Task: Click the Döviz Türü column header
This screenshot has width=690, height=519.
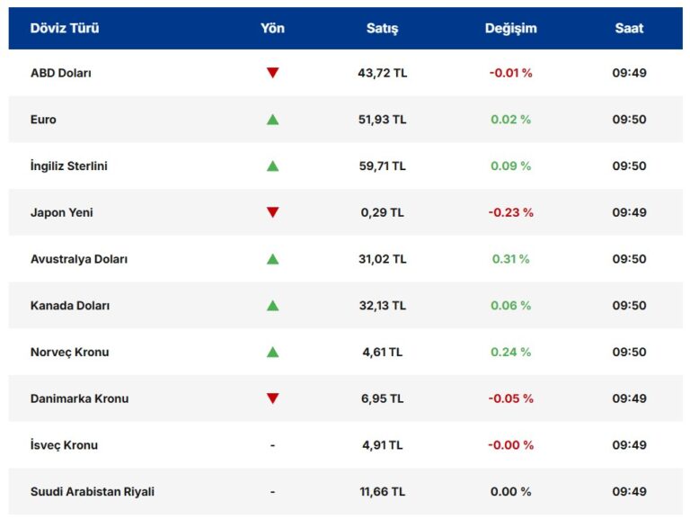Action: point(65,28)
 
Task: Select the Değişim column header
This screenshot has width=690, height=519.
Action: point(510,28)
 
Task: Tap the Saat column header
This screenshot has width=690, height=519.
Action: point(629,28)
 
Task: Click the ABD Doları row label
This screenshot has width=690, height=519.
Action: point(61,73)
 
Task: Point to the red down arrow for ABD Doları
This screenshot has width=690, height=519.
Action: point(272,73)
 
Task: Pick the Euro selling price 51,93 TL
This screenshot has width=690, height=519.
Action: point(383,120)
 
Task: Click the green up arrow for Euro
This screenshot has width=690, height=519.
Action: point(272,120)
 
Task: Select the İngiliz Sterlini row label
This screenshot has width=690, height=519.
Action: point(69,166)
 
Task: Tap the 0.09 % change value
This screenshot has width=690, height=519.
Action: point(510,166)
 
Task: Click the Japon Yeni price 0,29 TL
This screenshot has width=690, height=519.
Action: point(383,212)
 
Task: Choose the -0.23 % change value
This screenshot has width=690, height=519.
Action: point(510,212)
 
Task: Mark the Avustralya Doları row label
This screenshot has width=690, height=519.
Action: point(79,259)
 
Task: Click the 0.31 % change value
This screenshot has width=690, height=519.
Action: point(510,259)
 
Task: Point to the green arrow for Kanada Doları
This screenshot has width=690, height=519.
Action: point(272,306)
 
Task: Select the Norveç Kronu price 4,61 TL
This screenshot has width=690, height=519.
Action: point(383,352)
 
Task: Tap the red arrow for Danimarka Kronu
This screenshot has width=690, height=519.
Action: point(272,398)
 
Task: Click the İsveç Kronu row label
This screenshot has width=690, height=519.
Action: point(64,445)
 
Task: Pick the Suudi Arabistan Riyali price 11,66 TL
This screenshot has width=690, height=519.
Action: point(383,492)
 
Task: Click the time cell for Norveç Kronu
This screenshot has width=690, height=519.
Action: point(629,352)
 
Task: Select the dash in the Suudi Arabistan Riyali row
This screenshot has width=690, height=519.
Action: point(272,492)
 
